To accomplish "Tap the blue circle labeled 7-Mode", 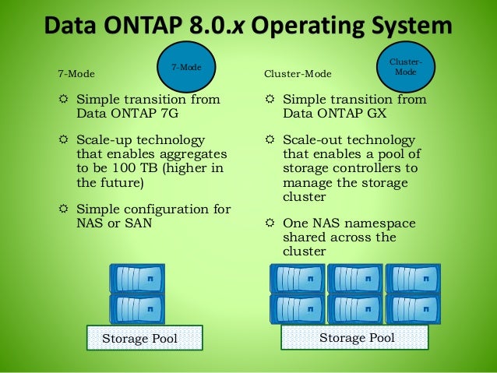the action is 186,68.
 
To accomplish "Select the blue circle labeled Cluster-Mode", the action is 406,67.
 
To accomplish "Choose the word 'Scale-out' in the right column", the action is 312,139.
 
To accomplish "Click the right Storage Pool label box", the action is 357,337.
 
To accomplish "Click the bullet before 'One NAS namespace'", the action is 269,223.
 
